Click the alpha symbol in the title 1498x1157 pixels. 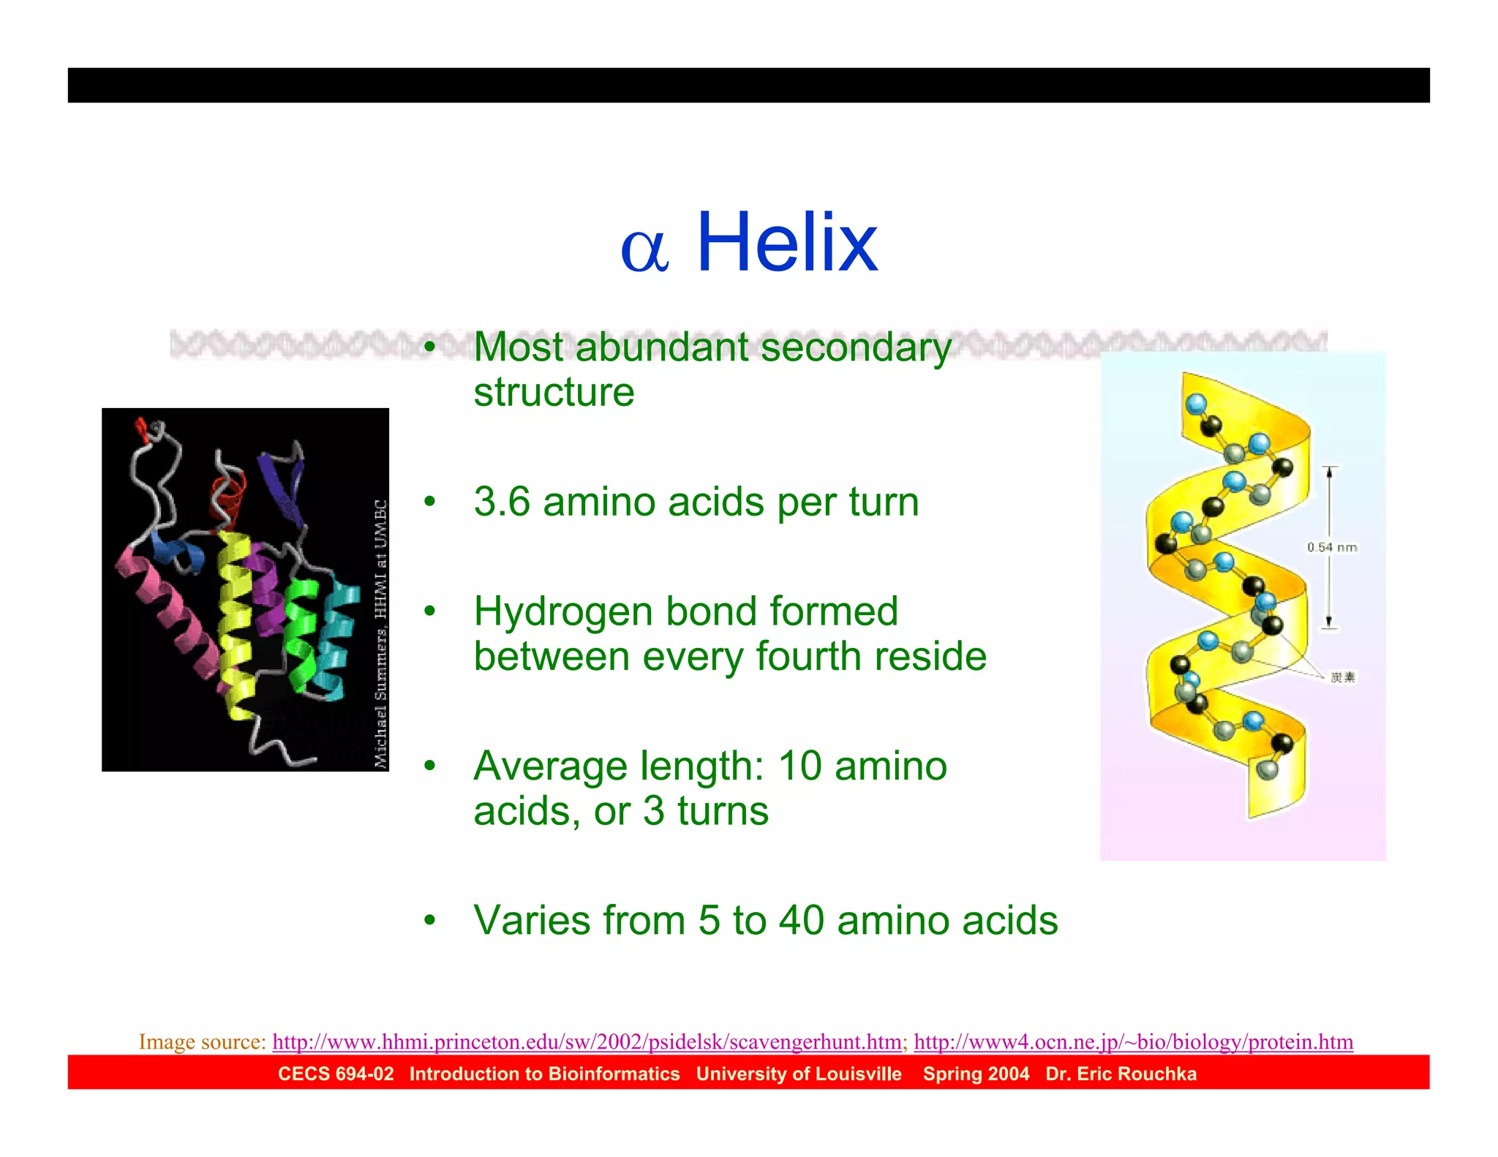point(644,250)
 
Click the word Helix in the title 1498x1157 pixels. point(787,243)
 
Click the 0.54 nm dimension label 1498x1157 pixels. point(1331,547)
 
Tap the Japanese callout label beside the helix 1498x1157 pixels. point(1342,677)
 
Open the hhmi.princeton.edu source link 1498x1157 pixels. point(587,1041)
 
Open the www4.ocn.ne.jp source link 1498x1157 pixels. point(1133,1041)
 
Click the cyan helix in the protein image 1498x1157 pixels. point(336,636)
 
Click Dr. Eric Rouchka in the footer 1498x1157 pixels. point(1121,1074)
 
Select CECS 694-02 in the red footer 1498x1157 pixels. point(336,1074)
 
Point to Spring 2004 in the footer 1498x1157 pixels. point(976,1074)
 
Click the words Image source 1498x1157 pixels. point(202,1041)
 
